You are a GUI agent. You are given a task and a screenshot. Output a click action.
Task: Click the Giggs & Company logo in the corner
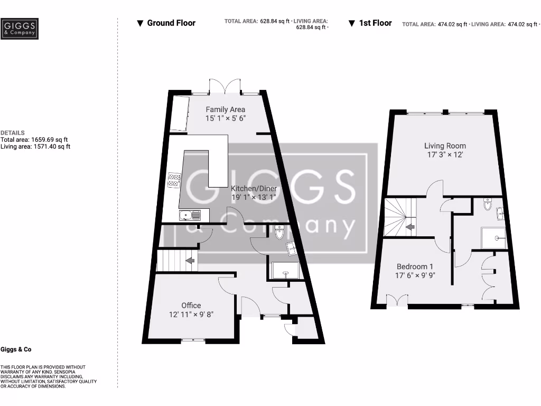(20, 29)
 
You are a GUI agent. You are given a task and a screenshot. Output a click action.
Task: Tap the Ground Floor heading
(166, 23)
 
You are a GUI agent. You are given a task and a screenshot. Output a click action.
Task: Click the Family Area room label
(226, 109)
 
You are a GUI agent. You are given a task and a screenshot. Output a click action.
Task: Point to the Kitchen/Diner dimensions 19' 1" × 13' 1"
(254, 197)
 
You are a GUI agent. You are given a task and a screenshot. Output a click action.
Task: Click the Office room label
(191, 306)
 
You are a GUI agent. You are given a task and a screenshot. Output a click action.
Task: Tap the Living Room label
(445, 145)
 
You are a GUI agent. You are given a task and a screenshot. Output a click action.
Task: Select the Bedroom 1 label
(415, 266)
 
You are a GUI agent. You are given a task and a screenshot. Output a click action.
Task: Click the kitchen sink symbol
(190, 215)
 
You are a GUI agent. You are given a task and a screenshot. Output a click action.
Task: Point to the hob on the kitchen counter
(174, 180)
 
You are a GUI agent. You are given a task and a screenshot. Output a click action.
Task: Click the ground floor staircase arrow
(189, 261)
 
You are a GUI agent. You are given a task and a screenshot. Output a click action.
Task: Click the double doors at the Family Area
(225, 86)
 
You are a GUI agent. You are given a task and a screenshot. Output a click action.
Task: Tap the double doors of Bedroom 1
(397, 301)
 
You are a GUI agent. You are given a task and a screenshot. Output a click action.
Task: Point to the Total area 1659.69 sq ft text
(34, 140)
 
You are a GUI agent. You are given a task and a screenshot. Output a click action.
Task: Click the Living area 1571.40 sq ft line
(35, 146)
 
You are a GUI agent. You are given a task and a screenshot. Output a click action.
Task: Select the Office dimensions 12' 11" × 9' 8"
(191, 314)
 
